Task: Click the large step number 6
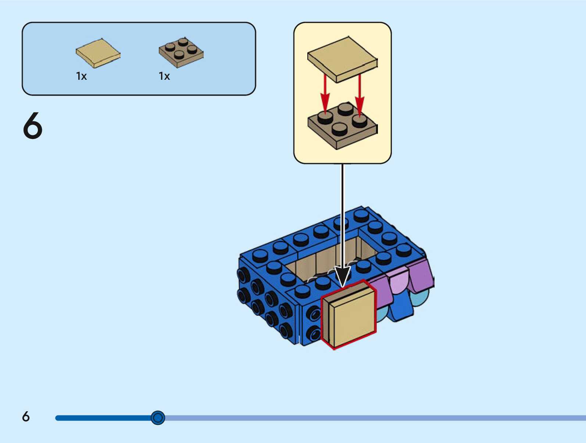click(33, 126)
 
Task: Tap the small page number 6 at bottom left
click(26, 417)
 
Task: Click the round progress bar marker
click(158, 418)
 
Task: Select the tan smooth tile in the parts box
click(98, 53)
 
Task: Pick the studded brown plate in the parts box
click(181, 53)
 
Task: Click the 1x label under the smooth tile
click(81, 76)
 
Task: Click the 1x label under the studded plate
click(164, 76)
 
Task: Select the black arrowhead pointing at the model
click(342, 276)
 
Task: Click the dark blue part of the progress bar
click(103, 418)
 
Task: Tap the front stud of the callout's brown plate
click(339, 129)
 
